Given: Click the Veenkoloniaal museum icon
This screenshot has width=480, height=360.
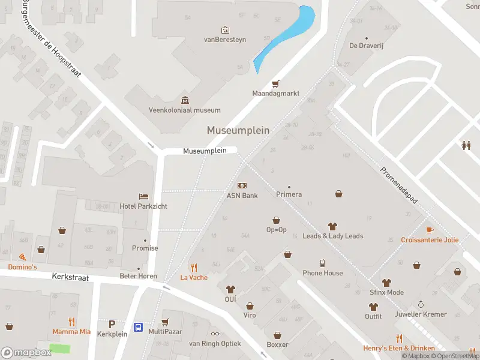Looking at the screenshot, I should pyautogui.click(x=184, y=100).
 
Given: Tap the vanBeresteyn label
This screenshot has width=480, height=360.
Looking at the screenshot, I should pyautogui.click(x=225, y=40).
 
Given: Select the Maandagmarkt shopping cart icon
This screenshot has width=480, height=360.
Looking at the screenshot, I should pyautogui.click(x=276, y=84).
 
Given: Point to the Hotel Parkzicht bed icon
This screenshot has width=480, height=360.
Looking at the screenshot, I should pyautogui.click(x=143, y=196).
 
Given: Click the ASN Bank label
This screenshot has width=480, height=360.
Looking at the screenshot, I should pyautogui.click(x=242, y=196).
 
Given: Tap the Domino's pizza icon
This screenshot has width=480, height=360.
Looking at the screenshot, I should pyautogui.click(x=22, y=257).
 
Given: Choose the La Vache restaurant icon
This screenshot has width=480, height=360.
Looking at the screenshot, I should pyautogui.click(x=194, y=268).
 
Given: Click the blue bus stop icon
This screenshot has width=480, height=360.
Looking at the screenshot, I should pyautogui.click(x=138, y=327).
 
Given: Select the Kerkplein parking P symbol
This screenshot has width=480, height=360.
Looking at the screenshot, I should pyautogui.click(x=112, y=325).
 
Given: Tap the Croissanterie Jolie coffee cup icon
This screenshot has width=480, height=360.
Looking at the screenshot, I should pyautogui.click(x=430, y=230).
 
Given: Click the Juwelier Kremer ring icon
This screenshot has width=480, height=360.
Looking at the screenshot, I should pyautogui.click(x=421, y=304).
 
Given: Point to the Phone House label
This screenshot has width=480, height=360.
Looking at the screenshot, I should pyautogui.click(x=323, y=273).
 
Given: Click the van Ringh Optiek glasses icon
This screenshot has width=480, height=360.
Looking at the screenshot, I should pyautogui.click(x=215, y=334).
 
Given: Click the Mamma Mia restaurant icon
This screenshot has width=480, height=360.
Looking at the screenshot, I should pyautogui.click(x=72, y=321).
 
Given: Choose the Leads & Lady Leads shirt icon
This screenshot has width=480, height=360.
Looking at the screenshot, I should pyautogui.click(x=332, y=226).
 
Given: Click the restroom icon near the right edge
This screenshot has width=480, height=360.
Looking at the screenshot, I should pyautogui.click(x=466, y=145).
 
